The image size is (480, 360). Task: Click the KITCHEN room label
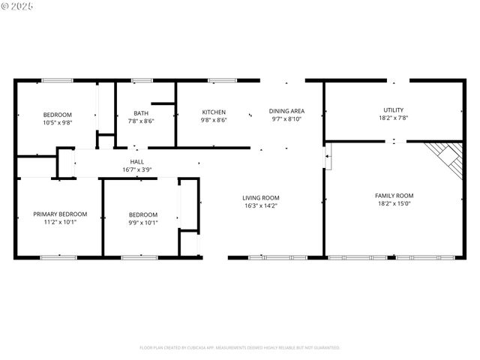click(x=214, y=112)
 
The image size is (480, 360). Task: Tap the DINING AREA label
click(x=286, y=111)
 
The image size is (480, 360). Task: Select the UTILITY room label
click(x=394, y=110)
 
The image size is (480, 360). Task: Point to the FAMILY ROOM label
click(x=394, y=196)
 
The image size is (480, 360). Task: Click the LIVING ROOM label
click(x=261, y=198)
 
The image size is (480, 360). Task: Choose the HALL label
click(x=137, y=161)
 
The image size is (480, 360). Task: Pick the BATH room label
click(x=141, y=112)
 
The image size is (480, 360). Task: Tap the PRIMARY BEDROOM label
click(x=60, y=214)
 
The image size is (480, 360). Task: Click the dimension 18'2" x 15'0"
click(x=394, y=204)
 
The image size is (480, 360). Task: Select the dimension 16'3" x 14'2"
click(x=261, y=206)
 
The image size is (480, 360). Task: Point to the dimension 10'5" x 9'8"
click(x=57, y=122)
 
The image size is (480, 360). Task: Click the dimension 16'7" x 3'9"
click(x=137, y=169)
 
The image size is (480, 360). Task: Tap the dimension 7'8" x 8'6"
click(x=141, y=121)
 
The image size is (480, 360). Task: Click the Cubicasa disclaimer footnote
click(x=240, y=348)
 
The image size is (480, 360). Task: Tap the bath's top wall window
click(x=142, y=80)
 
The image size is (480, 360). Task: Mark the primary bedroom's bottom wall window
click(x=58, y=258)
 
